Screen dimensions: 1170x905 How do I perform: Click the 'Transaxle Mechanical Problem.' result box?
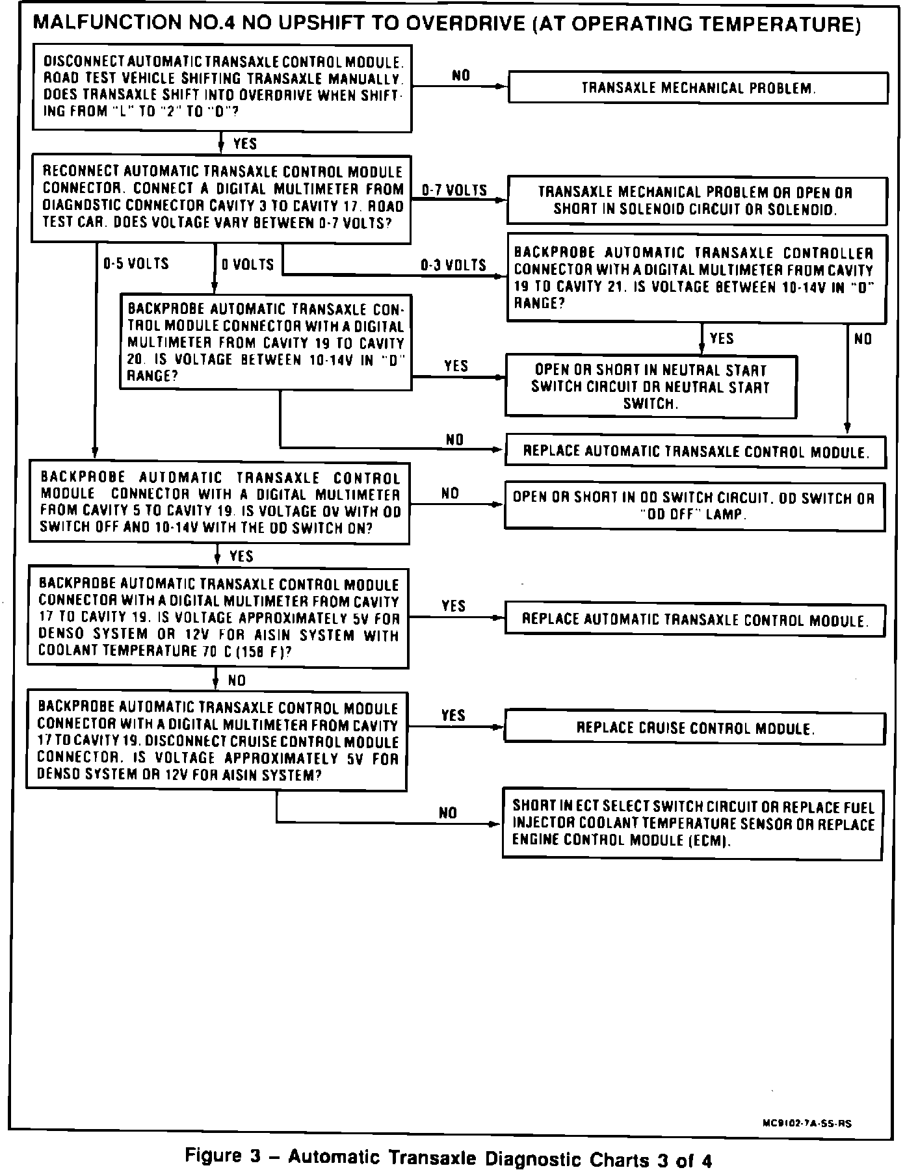tap(698, 88)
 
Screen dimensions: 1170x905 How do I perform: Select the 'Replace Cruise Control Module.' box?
tap(694, 728)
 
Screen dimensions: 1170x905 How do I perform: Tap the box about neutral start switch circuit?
tap(651, 386)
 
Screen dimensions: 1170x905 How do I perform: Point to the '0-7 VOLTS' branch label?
tap(454, 190)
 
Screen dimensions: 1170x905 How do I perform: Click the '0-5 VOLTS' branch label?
tap(136, 264)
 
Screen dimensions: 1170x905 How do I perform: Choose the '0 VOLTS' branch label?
tap(248, 265)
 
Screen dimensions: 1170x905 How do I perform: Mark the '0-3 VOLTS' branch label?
tap(453, 265)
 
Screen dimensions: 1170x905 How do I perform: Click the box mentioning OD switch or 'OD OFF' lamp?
tap(694, 506)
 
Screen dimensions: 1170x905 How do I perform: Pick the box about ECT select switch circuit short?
tap(693, 824)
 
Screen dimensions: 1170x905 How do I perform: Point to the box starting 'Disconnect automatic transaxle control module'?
tap(222, 88)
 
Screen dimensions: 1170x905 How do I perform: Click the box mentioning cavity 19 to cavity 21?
tap(696, 278)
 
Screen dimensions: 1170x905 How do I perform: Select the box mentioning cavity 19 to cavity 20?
tap(265, 343)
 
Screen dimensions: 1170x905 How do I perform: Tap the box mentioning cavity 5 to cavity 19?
tap(220, 502)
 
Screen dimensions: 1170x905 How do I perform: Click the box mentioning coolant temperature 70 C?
tap(218, 618)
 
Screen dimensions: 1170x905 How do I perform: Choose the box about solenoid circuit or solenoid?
tap(696, 201)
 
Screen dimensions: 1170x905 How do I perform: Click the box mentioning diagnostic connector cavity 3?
tap(222, 198)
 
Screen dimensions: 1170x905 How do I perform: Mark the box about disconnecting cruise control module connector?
tap(216, 741)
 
